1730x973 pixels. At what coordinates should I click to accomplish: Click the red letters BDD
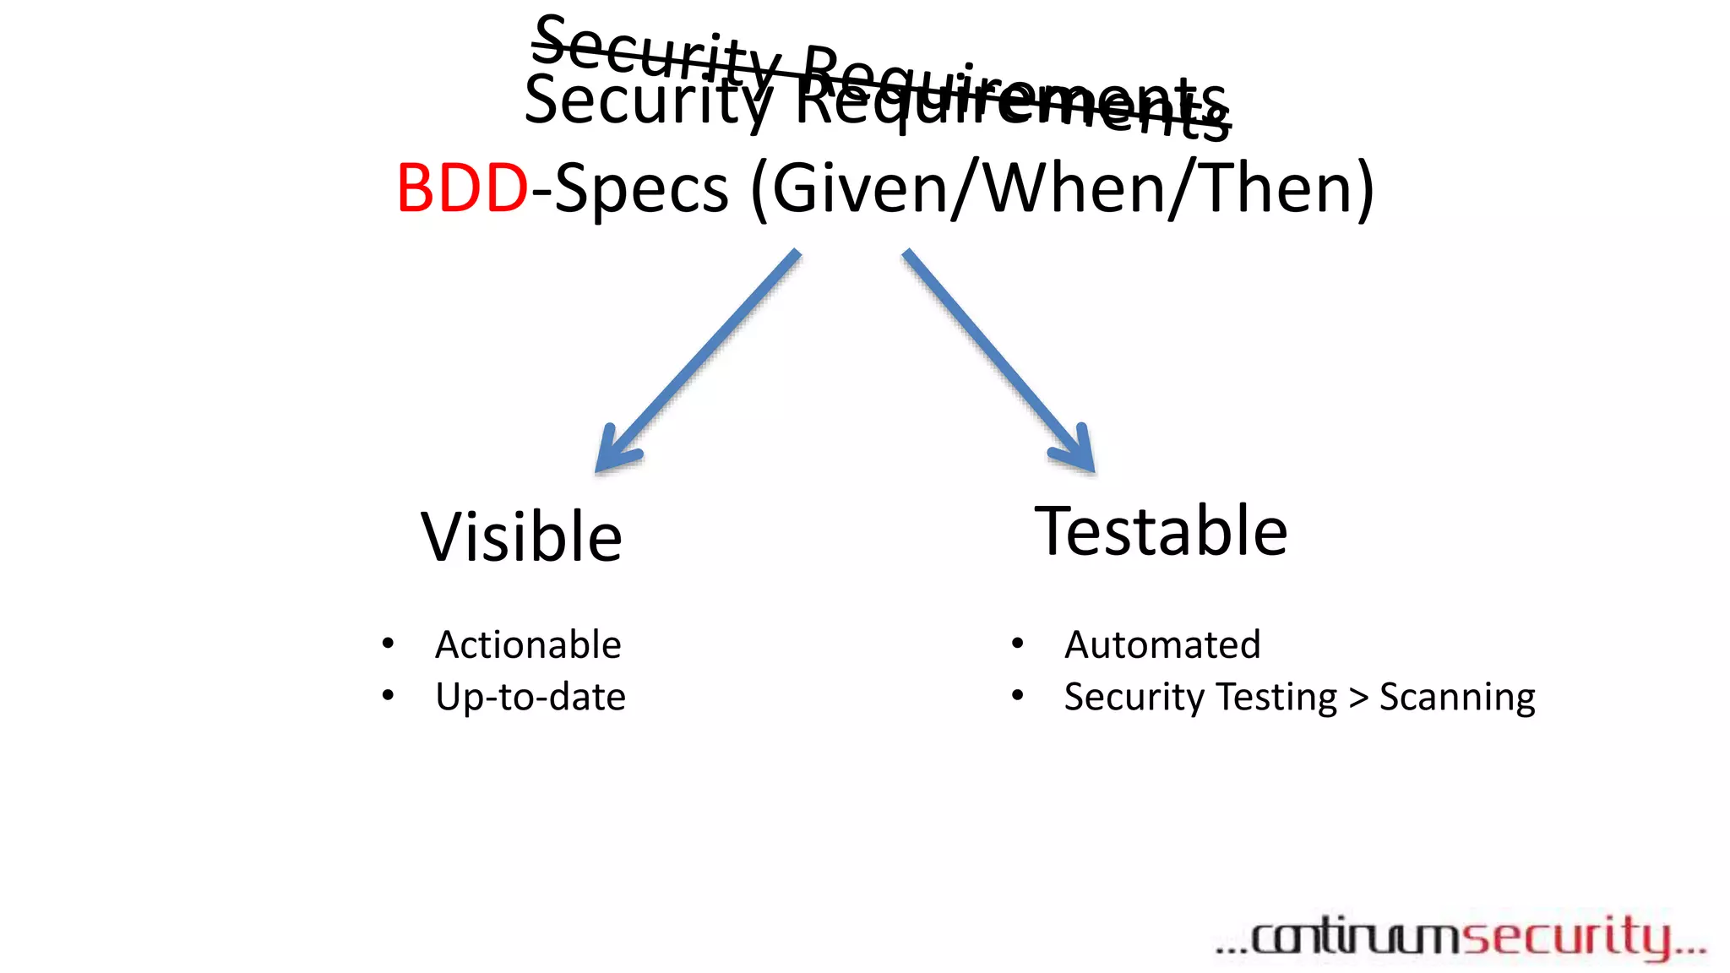coord(462,188)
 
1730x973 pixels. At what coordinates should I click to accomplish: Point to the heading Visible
coord(521,537)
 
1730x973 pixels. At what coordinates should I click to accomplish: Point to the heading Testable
coord(1161,531)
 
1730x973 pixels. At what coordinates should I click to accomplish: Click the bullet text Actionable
coord(528,644)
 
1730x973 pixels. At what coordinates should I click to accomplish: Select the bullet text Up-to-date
coord(530,697)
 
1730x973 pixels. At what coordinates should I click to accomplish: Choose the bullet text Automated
coord(1161,644)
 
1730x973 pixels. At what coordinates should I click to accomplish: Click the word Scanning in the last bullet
coord(1456,698)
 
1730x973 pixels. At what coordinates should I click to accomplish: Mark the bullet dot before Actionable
coord(388,644)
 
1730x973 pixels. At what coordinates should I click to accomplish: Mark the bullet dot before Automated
coord(1017,644)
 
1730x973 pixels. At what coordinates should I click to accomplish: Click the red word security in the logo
coord(1567,937)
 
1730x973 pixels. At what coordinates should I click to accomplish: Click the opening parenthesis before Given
coord(759,189)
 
